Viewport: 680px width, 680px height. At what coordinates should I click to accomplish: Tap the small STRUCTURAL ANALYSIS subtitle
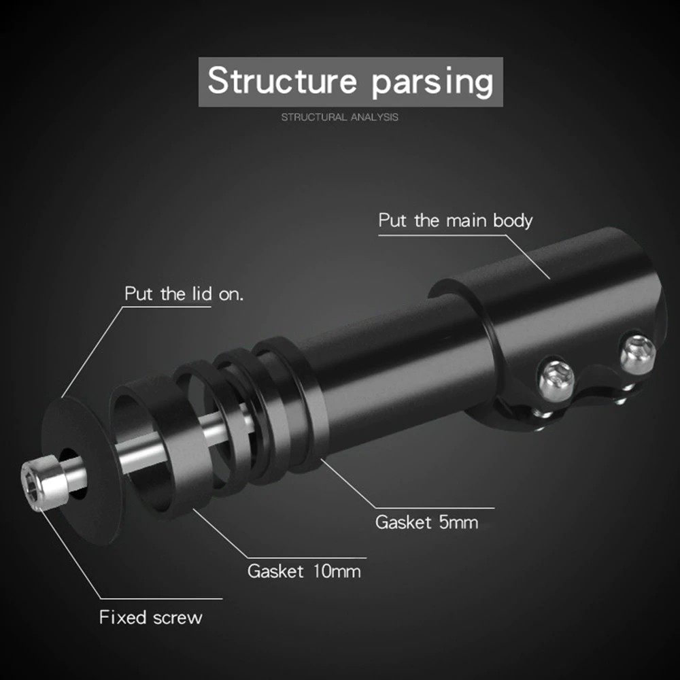(340, 118)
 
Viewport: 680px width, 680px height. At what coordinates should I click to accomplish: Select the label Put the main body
(455, 221)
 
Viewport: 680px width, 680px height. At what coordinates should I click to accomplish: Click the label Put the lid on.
(184, 294)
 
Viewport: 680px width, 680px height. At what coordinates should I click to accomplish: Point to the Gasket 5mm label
(426, 522)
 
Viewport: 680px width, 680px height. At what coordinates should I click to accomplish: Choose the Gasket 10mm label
(303, 570)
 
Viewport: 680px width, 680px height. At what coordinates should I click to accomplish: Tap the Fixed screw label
(150, 617)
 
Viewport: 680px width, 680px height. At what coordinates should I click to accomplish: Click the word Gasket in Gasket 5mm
(403, 522)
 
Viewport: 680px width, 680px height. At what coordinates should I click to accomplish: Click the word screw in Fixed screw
(177, 617)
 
